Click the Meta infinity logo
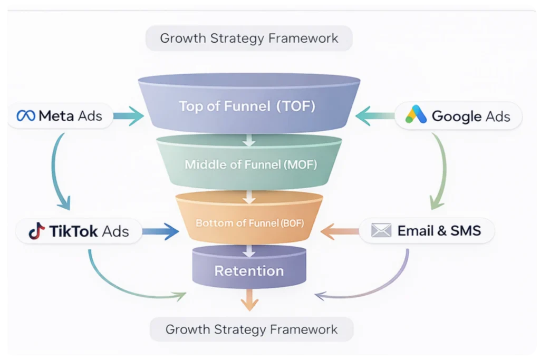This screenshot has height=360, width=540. tap(26, 116)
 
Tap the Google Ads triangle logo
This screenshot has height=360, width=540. tap(416, 115)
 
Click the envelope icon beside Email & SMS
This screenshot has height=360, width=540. tap(381, 230)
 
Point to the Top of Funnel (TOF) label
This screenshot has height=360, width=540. tap(247, 106)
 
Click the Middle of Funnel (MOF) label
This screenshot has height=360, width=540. tap(250, 164)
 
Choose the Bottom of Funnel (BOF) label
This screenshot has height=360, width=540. tap(249, 223)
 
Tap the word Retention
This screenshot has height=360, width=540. tap(249, 271)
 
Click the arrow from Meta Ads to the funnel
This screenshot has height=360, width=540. tap(128, 116)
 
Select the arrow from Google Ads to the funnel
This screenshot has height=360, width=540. tap(373, 115)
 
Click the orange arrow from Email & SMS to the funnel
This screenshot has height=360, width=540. tap(338, 230)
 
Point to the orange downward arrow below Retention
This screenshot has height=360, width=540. tap(249, 301)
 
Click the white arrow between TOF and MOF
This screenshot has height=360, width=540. tap(249, 140)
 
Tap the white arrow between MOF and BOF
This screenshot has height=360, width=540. tap(249, 197)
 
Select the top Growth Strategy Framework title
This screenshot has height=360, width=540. tap(249, 38)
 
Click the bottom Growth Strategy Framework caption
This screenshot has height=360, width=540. tap(251, 330)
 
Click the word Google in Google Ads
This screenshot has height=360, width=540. tap(456, 116)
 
